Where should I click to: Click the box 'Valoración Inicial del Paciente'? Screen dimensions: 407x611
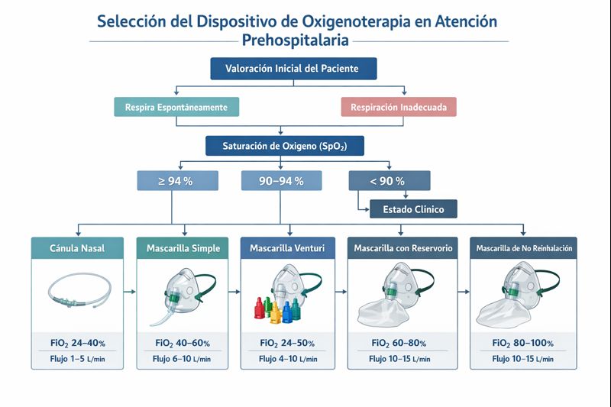point(294,69)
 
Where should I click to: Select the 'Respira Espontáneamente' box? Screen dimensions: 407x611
point(176,107)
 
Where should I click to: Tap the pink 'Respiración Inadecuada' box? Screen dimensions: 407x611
point(398,107)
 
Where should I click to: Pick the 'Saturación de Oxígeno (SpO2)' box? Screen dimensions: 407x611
point(284,145)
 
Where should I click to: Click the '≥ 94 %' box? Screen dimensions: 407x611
point(177,181)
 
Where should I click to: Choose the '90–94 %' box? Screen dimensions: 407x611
point(282,181)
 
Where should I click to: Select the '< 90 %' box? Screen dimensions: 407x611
point(390,181)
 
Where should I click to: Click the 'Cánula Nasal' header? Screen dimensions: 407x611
point(77,248)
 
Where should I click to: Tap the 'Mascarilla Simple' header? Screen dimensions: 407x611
point(183,248)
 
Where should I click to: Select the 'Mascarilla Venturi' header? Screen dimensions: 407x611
point(288,248)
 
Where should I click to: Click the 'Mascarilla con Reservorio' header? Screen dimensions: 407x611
point(402,248)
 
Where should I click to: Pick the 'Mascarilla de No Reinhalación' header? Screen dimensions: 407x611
point(524,248)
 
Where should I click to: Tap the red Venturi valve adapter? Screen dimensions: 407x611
point(257,309)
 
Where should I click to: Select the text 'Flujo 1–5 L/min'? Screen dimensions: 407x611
point(76,359)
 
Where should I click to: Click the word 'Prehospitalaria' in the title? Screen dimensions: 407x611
point(294,39)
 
